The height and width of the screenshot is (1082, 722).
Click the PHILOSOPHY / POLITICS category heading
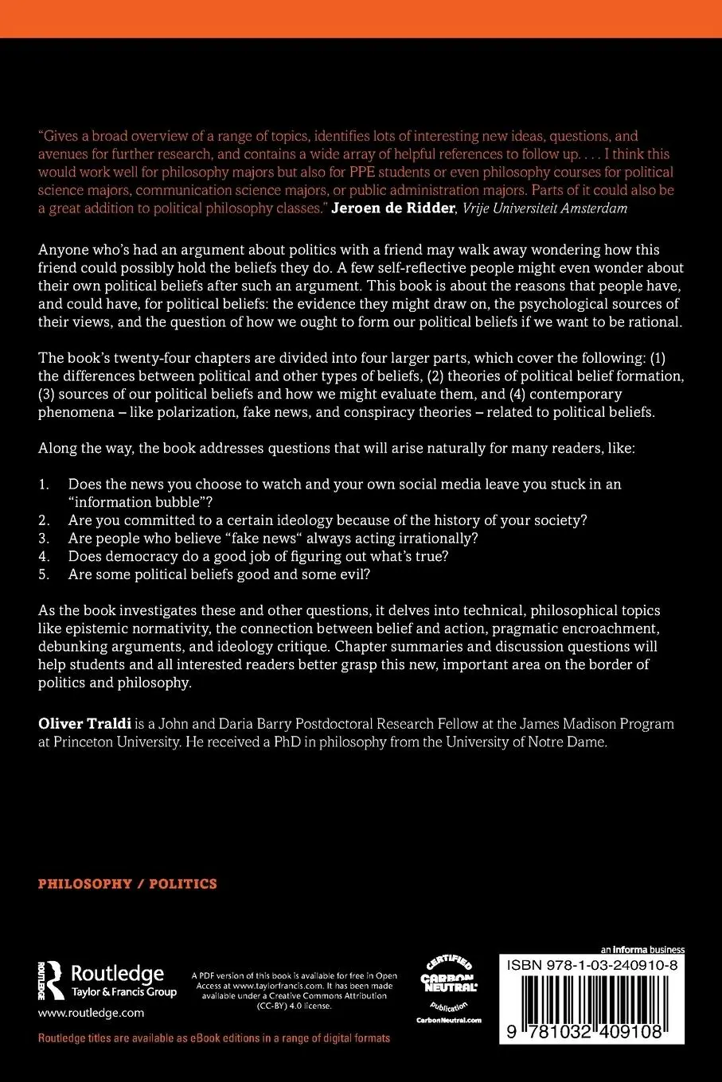(127, 884)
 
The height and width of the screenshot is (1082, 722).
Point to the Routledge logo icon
(52, 980)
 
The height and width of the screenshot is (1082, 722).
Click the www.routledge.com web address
(91, 1013)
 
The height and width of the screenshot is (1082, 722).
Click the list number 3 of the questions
(44, 539)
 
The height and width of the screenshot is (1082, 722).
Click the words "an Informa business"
(642, 949)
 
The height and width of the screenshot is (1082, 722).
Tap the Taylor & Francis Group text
(123, 992)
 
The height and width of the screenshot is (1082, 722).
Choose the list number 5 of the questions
(44, 574)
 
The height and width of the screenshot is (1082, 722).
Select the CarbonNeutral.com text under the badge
(448, 1020)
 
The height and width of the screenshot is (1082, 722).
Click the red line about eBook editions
(214, 1038)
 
